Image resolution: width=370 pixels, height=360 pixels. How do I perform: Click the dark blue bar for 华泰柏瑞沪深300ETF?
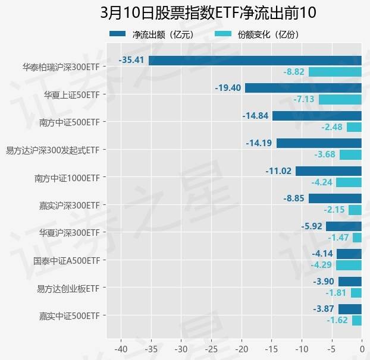[x=255, y=60]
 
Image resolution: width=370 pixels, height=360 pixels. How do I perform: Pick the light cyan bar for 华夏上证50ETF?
[x=340, y=99]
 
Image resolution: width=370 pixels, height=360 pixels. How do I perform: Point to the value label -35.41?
[x=132, y=60]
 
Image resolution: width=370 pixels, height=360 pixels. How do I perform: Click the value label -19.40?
[x=228, y=88]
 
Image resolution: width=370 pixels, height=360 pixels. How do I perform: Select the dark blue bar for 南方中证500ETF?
[x=317, y=116]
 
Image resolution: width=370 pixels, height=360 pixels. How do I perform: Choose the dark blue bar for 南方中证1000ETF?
[x=328, y=171]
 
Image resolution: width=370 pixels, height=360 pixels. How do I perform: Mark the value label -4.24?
[x=321, y=182]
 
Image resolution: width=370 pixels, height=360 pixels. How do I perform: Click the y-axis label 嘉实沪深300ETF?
[x=67, y=205]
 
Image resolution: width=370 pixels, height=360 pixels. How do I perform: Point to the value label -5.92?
[x=312, y=226]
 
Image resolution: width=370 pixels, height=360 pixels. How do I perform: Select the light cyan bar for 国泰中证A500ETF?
[x=349, y=265]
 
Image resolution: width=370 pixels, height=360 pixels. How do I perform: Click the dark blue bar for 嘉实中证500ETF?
[x=350, y=309]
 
